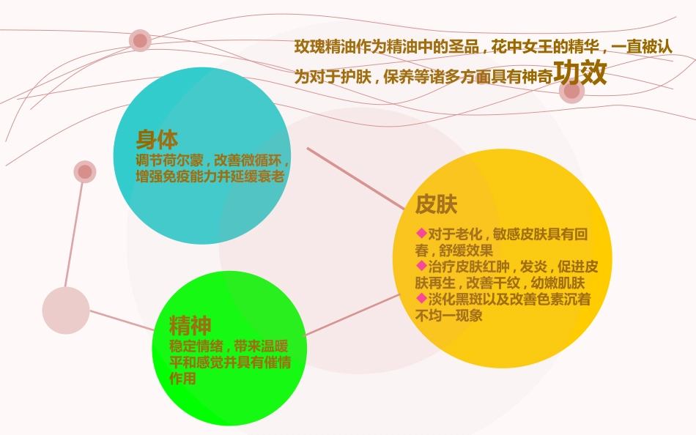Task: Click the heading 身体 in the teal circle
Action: click(157, 139)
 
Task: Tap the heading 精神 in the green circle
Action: click(190, 325)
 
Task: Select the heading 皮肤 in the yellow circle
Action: click(436, 204)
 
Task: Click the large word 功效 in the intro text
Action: click(580, 73)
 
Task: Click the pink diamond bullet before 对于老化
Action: click(421, 233)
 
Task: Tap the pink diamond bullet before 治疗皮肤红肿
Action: click(421, 265)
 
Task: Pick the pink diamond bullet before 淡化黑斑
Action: click(421, 298)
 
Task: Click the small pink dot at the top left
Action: click(140, 41)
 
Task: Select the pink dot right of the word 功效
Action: click(571, 91)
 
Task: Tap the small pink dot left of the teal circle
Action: click(85, 172)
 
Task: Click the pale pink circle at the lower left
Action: click(66, 311)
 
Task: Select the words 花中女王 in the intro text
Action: click(516, 47)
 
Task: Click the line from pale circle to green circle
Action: click(121, 320)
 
